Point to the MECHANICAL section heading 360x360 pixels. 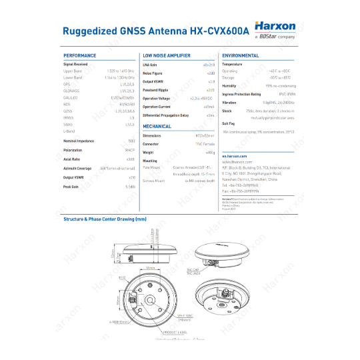tap(157, 126)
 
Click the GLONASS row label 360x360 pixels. tap(71, 90)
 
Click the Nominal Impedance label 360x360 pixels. tap(78, 141)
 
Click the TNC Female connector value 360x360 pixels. tap(205, 143)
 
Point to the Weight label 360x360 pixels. tap(149, 152)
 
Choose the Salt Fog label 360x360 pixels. tap(228, 123)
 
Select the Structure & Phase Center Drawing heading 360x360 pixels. tap(105, 219)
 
